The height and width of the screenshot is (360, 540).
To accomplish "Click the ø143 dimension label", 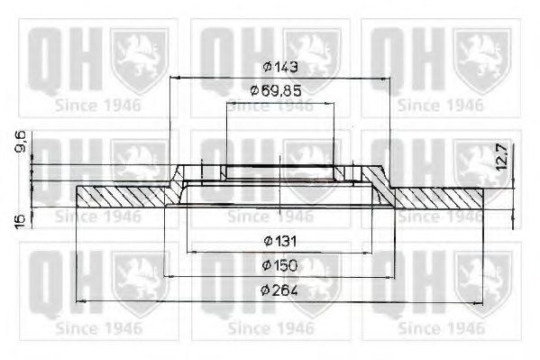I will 280,67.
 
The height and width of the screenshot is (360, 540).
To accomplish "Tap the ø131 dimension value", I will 280,240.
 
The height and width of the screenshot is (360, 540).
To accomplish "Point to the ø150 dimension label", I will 280,265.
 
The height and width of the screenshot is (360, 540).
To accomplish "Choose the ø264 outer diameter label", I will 280,290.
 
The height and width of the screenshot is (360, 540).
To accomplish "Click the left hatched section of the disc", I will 126,194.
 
